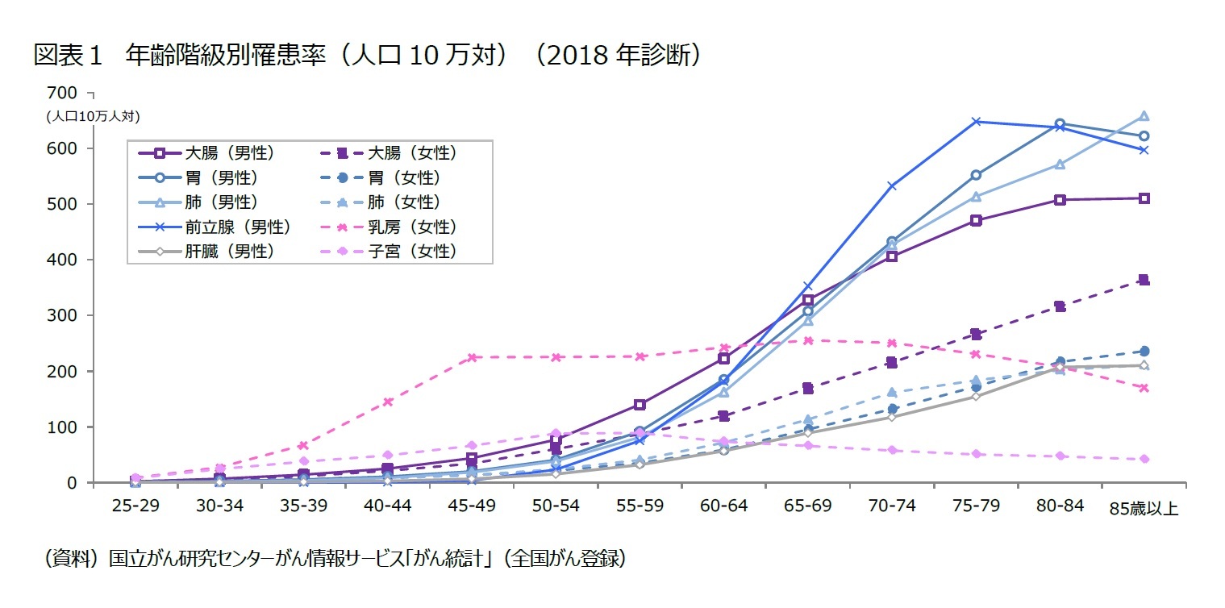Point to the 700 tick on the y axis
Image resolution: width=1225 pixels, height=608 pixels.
[61, 93]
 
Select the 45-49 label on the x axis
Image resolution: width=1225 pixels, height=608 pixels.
[472, 507]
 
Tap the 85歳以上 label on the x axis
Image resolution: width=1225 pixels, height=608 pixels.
[1144, 509]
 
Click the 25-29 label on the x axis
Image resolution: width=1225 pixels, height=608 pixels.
[136, 507]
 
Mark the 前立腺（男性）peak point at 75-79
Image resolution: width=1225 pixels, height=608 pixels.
[976, 122]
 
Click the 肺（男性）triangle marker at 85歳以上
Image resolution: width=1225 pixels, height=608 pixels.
[1144, 116]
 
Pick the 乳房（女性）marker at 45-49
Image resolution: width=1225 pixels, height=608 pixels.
[472, 357]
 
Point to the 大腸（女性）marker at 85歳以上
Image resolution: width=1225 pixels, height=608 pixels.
[1144, 280]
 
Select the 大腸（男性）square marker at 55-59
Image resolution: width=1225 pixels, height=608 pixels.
[640, 405]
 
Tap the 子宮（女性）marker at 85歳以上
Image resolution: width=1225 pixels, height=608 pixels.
[1144, 459]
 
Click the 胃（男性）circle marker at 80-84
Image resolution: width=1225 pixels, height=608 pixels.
[1060, 123]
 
